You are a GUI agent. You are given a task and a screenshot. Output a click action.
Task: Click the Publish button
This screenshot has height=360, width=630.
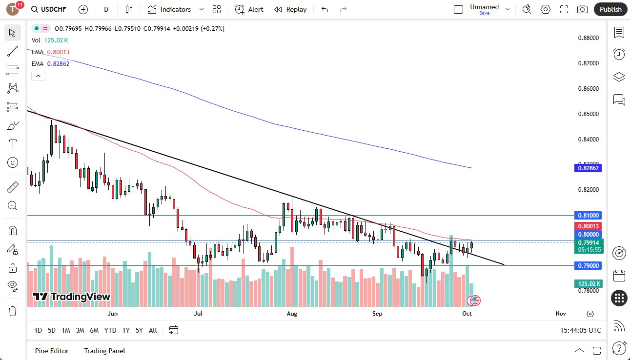click(x=610, y=9)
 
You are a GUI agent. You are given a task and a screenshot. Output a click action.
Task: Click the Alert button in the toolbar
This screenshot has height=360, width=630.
click(x=249, y=9)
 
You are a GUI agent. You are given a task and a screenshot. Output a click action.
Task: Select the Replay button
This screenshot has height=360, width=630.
click(x=290, y=9)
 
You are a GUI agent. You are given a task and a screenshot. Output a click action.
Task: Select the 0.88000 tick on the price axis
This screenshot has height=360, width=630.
click(x=589, y=38)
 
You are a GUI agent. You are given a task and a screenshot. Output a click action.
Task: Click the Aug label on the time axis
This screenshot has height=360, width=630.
click(x=291, y=314)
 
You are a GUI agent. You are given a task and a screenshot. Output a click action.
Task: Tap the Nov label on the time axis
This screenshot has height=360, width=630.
click(x=560, y=314)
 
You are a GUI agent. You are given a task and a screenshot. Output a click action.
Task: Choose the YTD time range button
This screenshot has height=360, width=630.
click(x=110, y=330)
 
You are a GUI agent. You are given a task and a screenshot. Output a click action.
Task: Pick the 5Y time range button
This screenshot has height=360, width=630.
click(x=139, y=330)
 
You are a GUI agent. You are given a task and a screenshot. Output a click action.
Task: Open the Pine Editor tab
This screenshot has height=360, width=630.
click(x=52, y=350)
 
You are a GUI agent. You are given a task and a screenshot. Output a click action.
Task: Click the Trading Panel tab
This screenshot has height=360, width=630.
click(x=104, y=350)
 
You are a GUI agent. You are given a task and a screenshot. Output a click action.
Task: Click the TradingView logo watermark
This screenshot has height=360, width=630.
click(x=72, y=297)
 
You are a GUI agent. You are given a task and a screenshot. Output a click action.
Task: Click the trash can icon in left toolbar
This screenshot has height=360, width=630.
click(x=13, y=311)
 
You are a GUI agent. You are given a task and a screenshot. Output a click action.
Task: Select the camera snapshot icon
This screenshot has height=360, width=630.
click(x=582, y=9)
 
